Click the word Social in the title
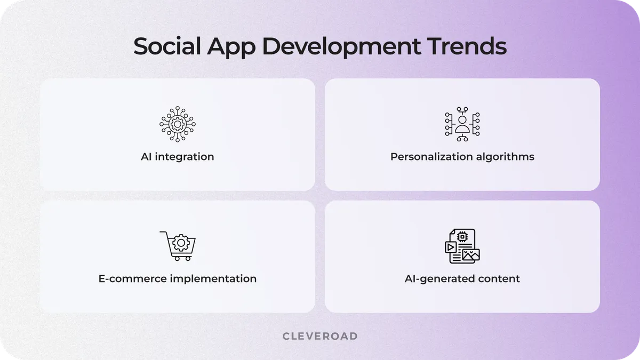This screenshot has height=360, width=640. (165, 46)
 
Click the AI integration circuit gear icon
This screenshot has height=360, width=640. (177, 124)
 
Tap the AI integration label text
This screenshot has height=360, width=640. (177, 157)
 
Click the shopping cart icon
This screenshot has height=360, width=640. (178, 246)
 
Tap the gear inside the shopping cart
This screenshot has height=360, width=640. (181, 244)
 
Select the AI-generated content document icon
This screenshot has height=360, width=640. (462, 246)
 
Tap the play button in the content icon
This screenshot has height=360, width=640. (451, 247)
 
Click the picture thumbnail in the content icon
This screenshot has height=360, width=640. (471, 255)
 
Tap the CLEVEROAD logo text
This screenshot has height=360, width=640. (320, 336)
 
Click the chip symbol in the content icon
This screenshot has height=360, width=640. (462, 236)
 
